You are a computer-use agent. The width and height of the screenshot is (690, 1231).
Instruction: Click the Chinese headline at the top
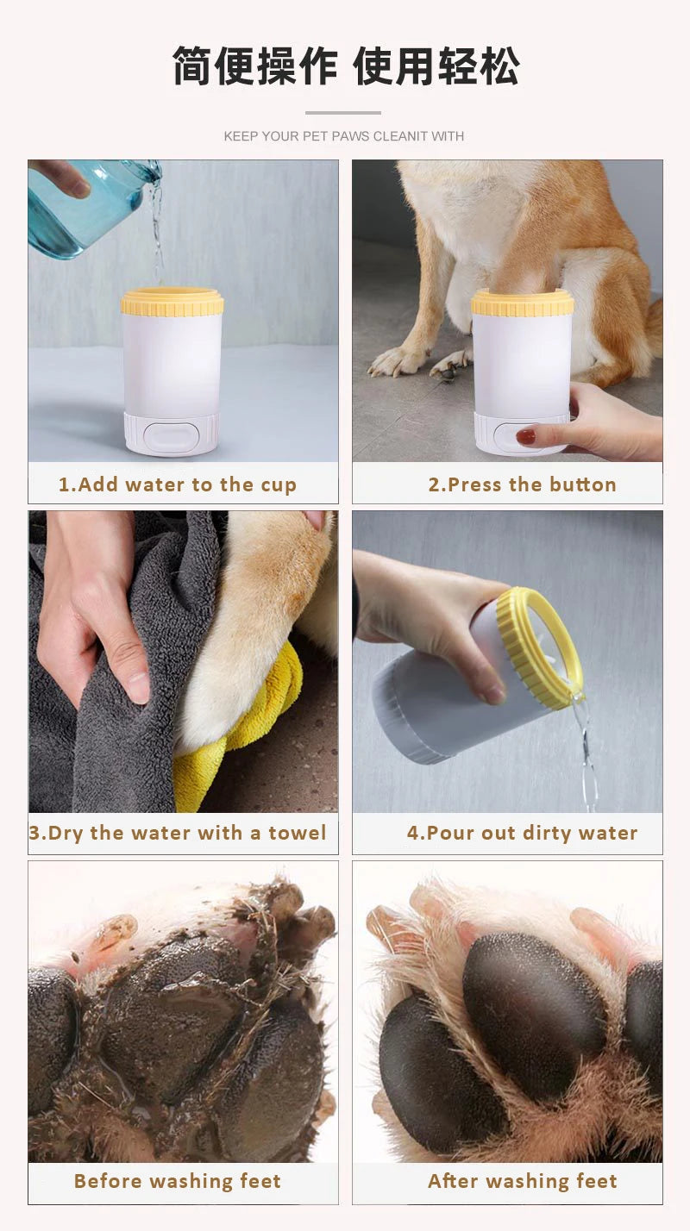point(345,67)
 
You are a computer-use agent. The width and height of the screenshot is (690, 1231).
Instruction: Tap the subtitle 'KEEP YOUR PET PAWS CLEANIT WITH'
point(344,136)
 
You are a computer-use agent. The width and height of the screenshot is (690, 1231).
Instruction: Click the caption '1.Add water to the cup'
point(178,484)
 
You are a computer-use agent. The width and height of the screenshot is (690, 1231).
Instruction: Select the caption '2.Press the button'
point(522,484)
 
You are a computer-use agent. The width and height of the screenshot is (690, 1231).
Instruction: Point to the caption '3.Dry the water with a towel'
point(178,833)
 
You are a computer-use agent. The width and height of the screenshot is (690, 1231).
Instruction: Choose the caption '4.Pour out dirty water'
point(522,833)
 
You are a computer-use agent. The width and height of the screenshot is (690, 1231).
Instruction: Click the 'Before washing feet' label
point(178,1181)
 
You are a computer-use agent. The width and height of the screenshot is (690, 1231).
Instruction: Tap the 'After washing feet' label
point(522,1181)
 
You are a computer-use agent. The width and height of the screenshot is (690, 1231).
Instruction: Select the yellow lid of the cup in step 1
point(172,303)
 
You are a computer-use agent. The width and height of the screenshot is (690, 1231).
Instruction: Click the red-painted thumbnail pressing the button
point(525,436)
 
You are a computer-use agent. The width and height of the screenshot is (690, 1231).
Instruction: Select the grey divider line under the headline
point(343,113)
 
